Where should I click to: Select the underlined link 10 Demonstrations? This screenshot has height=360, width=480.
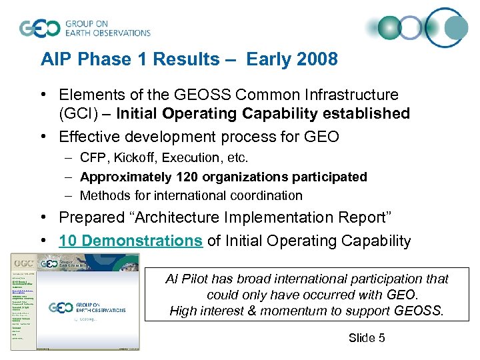(x=131, y=241)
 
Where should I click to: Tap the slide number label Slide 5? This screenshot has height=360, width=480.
(x=366, y=338)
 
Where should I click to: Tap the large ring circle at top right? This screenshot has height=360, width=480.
(x=447, y=27)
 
